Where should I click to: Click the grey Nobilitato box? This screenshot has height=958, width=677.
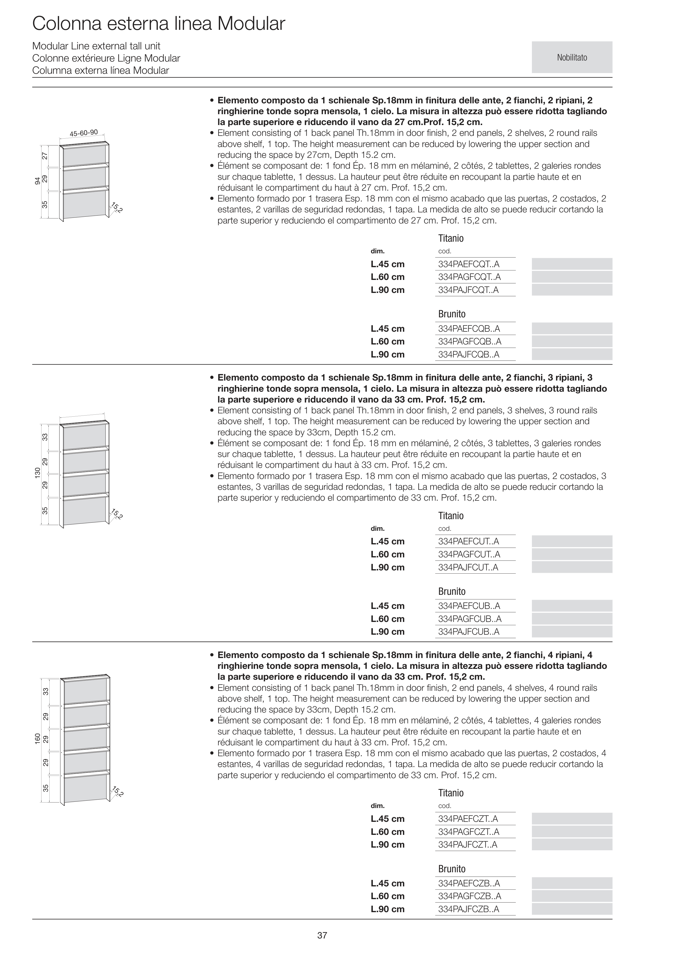[x=572, y=58]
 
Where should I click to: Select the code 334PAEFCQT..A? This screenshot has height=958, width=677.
[x=469, y=264]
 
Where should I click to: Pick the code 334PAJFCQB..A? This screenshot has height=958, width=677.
[x=469, y=355]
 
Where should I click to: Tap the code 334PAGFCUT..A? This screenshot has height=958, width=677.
[x=469, y=554]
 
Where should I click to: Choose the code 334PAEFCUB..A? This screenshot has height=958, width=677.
[x=469, y=606]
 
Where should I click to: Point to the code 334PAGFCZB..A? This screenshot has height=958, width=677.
[x=469, y=896]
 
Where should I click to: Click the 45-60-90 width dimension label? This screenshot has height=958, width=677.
[x=84, y=133]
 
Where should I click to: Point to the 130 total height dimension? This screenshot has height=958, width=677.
[x=37, y=473]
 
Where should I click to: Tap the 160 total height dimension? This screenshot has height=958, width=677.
[x=37, y=738]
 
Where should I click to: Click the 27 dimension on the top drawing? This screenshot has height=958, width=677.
[x=45, y=156]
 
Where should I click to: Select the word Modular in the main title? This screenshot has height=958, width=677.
[x=251, y=24]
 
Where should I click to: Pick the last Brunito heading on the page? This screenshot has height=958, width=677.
[x=451, y=869]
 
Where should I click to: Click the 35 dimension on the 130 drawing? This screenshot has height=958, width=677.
[x=45, y=510]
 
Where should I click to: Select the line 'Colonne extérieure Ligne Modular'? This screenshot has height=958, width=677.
[x=106, y=58]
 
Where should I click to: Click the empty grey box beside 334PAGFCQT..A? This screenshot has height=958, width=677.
[x=572, y=277]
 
